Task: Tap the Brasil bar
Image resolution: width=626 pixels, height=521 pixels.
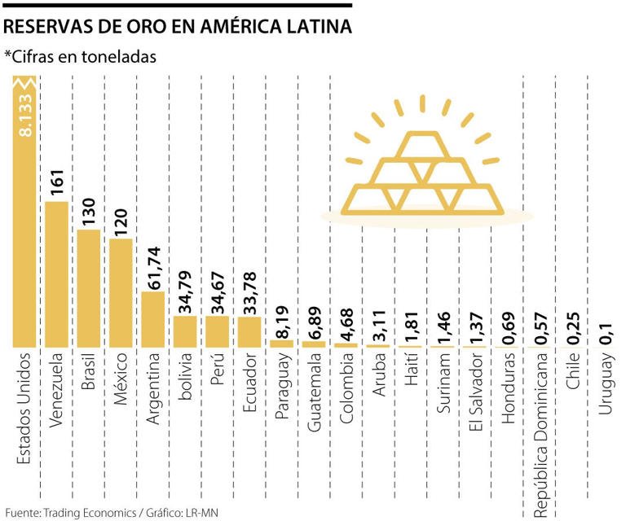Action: click(x=89, y=288)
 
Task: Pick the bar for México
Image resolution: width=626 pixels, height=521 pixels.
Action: click(x=121, y=292)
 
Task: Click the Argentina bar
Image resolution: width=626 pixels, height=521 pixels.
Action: click(x=152, y=318)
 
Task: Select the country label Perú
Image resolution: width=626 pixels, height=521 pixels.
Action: click(x=218, y=370)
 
